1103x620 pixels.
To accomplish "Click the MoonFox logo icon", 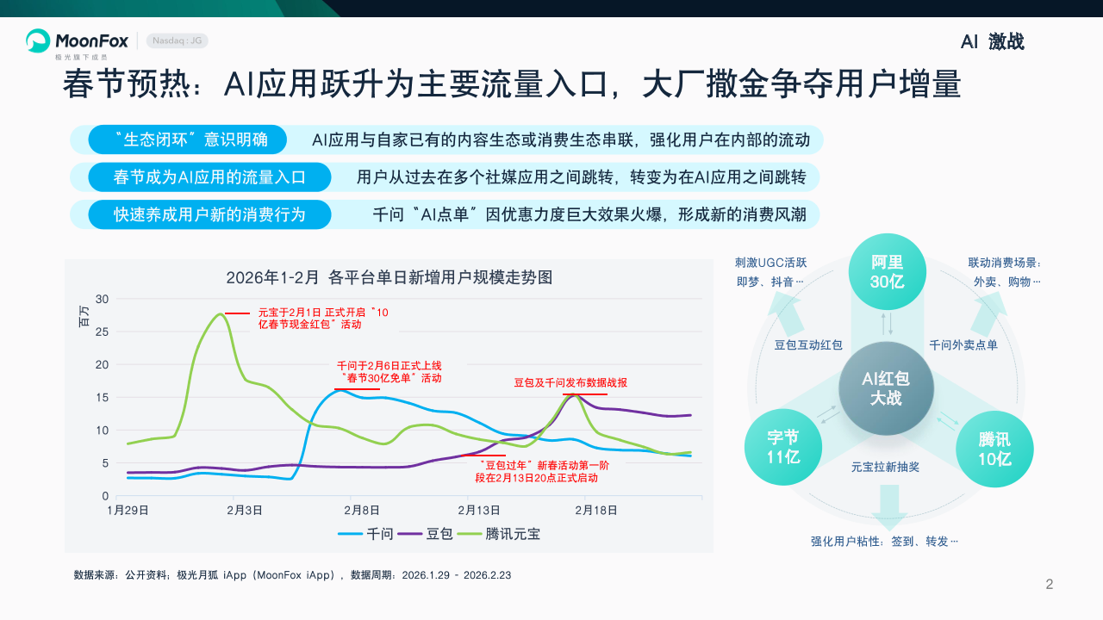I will point(38,40).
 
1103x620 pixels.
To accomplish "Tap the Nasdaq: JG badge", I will point(178,40).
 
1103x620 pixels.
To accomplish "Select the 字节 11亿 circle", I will point(783,448).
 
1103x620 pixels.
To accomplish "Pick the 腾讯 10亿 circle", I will point(994,449).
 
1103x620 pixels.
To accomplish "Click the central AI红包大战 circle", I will point(886,388).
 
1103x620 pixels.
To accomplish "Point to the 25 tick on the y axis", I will point(103,332).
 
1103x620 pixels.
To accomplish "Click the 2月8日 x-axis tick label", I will point(362,510).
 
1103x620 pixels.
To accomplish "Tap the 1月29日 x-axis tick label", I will point(128,510).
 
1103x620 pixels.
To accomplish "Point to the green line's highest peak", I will point(220,314).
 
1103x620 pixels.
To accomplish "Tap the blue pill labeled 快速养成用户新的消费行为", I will point(209,214).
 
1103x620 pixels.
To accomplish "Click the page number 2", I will point(1050,585).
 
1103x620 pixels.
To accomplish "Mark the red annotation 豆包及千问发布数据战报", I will point(570,382).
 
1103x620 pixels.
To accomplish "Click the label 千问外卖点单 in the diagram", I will point(963,345).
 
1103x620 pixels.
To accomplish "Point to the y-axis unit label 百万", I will point(84,316).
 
